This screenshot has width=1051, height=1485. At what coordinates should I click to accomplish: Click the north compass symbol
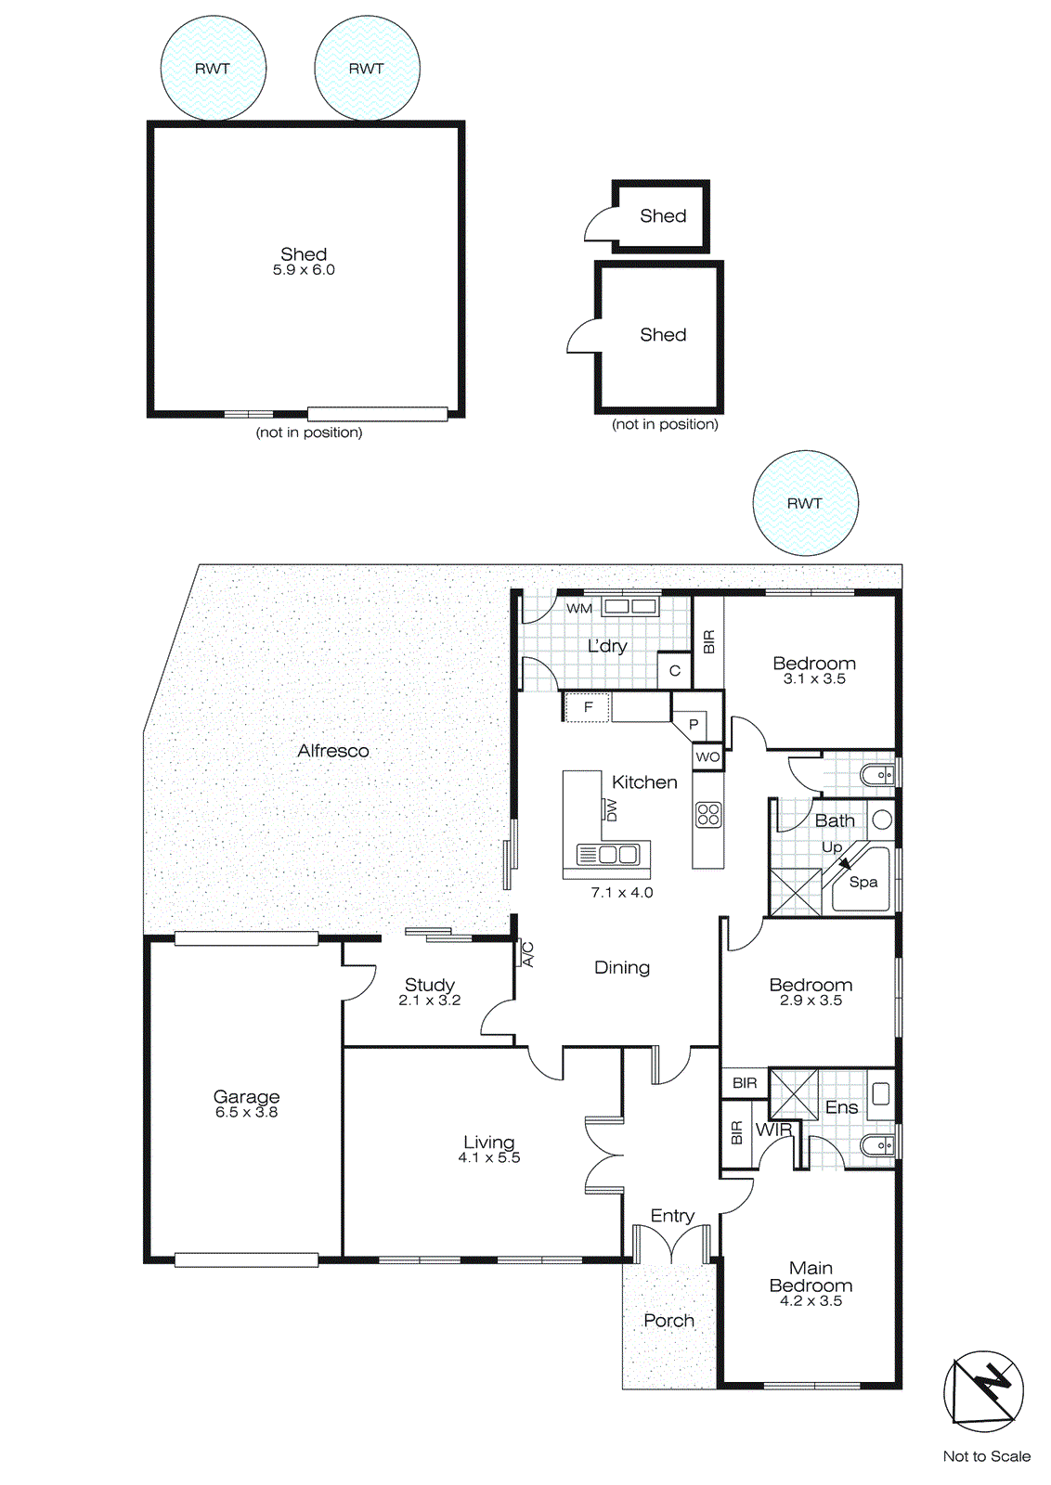click(983, 1390)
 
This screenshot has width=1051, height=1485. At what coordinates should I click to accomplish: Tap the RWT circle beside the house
click(805, 503)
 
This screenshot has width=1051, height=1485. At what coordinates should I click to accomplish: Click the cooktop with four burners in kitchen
click(707, 815)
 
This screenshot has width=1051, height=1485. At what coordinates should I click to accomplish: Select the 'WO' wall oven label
click(707, 757)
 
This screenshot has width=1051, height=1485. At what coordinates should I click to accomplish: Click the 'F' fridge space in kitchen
click(588, 707)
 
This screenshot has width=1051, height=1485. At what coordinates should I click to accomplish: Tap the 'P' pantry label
click(693, 725)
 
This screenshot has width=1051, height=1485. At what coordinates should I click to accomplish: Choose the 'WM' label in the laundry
click(579, 609)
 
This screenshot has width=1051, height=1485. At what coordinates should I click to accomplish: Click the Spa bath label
click(863, 883)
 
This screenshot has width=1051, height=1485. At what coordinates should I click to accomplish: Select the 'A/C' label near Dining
click(527, 954)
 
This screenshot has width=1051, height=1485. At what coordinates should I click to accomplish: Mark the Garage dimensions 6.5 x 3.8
click(246, 1112)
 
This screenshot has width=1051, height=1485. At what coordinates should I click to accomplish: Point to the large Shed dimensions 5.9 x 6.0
click(304, 270)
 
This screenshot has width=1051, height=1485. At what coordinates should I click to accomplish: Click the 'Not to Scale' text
click(986, 1456)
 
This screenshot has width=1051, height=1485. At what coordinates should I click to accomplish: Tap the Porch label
click(668, 1321)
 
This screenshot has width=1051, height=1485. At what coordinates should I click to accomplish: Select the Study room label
click(429, 984)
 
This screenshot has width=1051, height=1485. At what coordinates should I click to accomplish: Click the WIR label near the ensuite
click(773, 1130)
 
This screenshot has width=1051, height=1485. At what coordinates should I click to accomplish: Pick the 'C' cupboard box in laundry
click(675, 670)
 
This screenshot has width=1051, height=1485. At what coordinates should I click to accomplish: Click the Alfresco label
click(332, 751)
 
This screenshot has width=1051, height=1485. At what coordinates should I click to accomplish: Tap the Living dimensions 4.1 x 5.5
click(488, 1158)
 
